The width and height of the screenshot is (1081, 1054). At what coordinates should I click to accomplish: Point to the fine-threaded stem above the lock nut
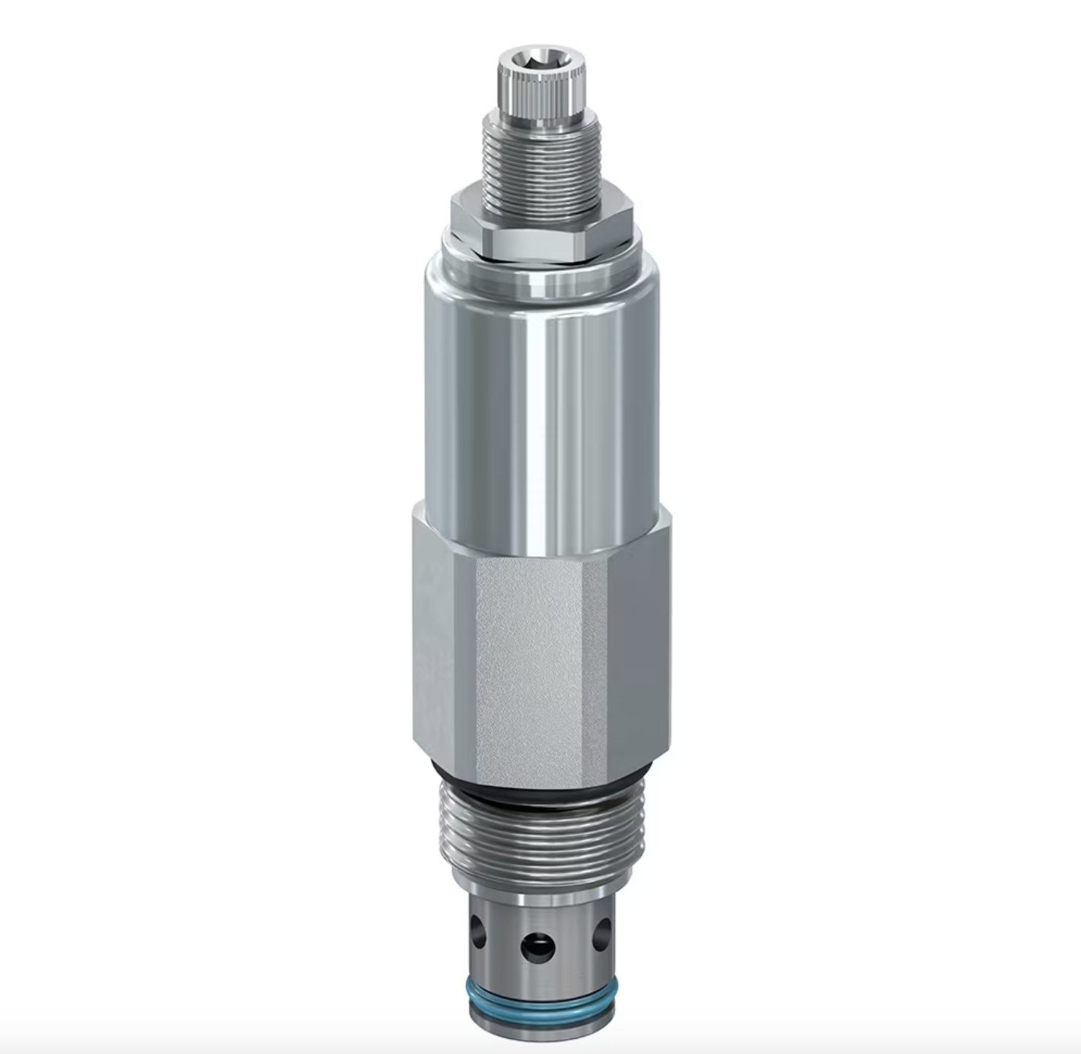pos(542,161)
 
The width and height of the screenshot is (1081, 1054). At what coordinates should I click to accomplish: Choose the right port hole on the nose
pos(602,935)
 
